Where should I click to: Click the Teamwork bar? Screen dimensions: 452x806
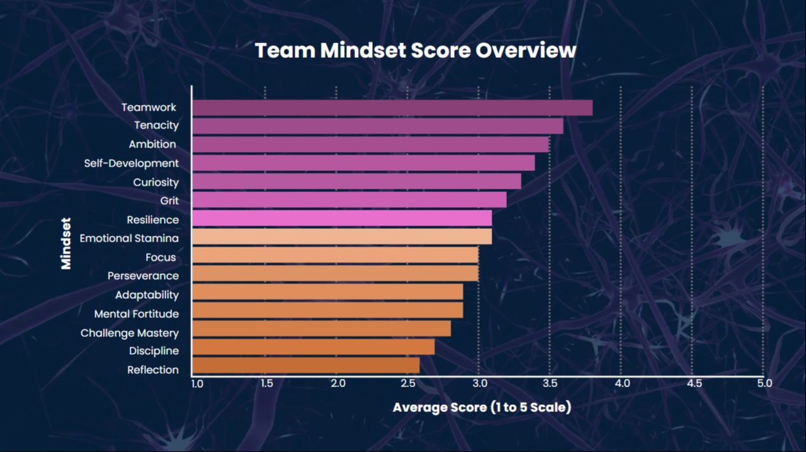(x=392, y=108)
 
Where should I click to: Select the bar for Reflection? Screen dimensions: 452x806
(x=306, y=366)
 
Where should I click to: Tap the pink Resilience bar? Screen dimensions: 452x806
(x=342, y=219)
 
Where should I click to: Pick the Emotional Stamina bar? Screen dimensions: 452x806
(x=342, y=237)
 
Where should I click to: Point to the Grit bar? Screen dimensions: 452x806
(x=349, y=200)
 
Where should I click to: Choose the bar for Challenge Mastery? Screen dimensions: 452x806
(x=321, y=329)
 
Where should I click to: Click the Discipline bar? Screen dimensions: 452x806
(x=313, y=347)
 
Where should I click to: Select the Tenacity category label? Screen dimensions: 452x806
(x=156, y=125)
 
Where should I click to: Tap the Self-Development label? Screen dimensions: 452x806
(x=131, y=163)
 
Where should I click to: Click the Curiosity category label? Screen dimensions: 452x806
(x=156, y=182)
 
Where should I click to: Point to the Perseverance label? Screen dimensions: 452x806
(x=143, y=277)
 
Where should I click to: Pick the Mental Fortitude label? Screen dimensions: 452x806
(x=137, y=314)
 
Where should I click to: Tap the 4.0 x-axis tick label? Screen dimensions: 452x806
(x=622, y=383)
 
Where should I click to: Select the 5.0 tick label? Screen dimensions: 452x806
(x=764, y=383)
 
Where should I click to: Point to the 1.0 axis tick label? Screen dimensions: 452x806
(x=197, y=383)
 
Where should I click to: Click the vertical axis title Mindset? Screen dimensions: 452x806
(x=66, y=243)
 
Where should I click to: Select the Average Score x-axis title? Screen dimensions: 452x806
(x=481, y=407)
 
